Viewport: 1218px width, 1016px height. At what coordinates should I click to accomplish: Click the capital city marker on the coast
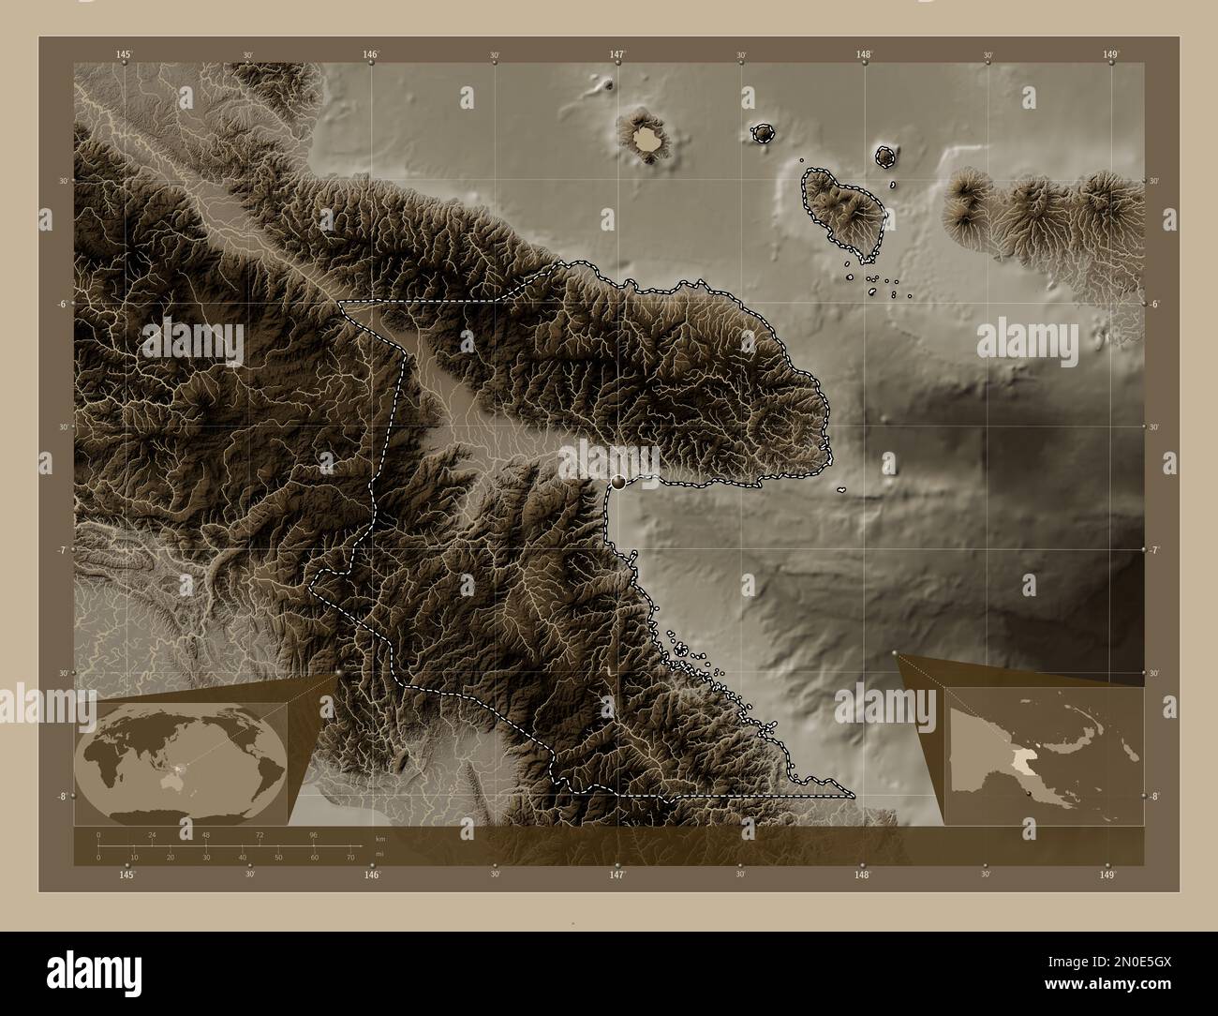pos(617,483)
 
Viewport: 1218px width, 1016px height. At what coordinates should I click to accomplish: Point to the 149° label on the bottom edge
pos(1107,874)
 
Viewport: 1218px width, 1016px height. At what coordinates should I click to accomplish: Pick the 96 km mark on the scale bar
pos(314,834)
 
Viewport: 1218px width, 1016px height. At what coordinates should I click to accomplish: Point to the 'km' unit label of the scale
pos(379,838)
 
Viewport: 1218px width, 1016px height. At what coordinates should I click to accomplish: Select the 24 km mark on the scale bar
pos(152,834)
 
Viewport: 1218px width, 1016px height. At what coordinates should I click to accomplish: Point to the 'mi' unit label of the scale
pos(379,855)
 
